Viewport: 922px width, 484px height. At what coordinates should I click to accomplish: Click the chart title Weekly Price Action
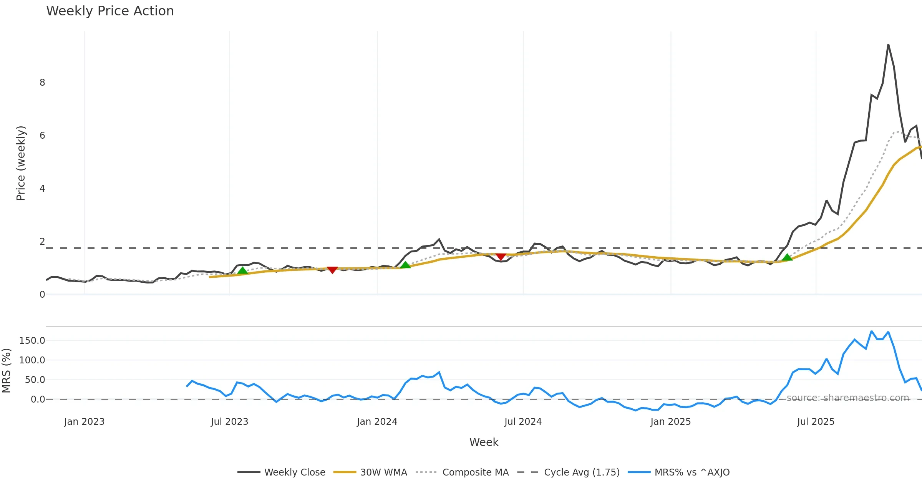110,11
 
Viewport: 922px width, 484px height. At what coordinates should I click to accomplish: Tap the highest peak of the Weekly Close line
888,45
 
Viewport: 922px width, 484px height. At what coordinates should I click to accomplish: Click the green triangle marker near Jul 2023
242,271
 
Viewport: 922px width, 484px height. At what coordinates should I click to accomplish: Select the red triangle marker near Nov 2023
332,270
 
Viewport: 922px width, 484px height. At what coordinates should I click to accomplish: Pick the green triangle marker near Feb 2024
405,265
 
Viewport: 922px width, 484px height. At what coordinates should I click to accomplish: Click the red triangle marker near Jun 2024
501,257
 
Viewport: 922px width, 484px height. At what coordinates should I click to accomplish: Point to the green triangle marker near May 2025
787,257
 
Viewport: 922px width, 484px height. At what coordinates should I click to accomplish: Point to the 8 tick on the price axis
42,83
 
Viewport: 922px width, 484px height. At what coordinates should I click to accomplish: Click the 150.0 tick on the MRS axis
32,341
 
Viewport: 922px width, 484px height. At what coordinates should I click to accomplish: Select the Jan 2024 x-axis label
377,422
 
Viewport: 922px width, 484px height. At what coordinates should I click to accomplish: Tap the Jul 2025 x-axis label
816,422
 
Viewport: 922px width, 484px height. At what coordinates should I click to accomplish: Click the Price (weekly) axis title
21,163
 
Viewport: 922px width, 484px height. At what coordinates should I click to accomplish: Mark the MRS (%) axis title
6,371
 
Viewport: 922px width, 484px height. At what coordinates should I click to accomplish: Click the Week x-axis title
484,443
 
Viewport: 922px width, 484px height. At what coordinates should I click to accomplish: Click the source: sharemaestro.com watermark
848,398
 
